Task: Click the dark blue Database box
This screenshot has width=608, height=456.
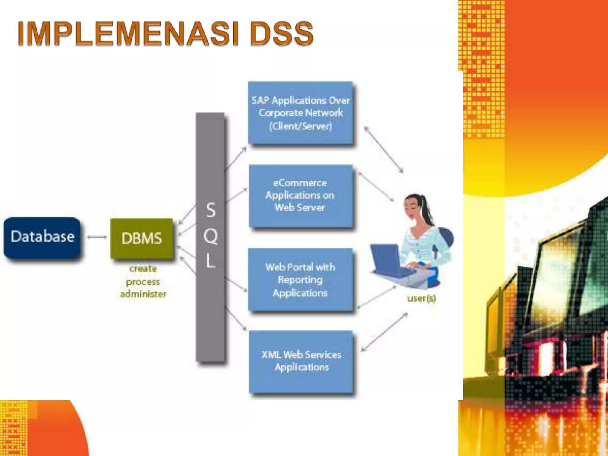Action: click(x=42, y=237)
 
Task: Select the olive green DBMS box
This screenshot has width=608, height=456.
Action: click(x=142, y=238)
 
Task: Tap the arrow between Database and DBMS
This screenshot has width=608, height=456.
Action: click(x=97, y=237)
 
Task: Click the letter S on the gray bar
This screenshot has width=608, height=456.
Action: click(x=210, y=210)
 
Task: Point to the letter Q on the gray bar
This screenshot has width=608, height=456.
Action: click(x=210, y=237)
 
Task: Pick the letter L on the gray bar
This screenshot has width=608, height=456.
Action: click(x=210, y=261)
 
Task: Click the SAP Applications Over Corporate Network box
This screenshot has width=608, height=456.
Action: click(x=300, y=113)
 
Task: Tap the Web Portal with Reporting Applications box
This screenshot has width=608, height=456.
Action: click(x=300, y=279)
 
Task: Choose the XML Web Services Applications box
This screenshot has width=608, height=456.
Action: click(x=301, y=361)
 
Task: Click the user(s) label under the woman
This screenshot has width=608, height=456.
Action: click(x=421, y=298)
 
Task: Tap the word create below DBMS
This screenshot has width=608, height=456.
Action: click(x=143, y=268)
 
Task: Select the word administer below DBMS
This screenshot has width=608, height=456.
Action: click(x=143, y=294)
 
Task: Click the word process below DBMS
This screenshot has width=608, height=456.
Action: click(x=143, y=282)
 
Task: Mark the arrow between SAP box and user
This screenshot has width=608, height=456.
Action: click(x=384, y=149)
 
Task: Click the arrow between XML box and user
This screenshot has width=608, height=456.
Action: click(x=384, y=332)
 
